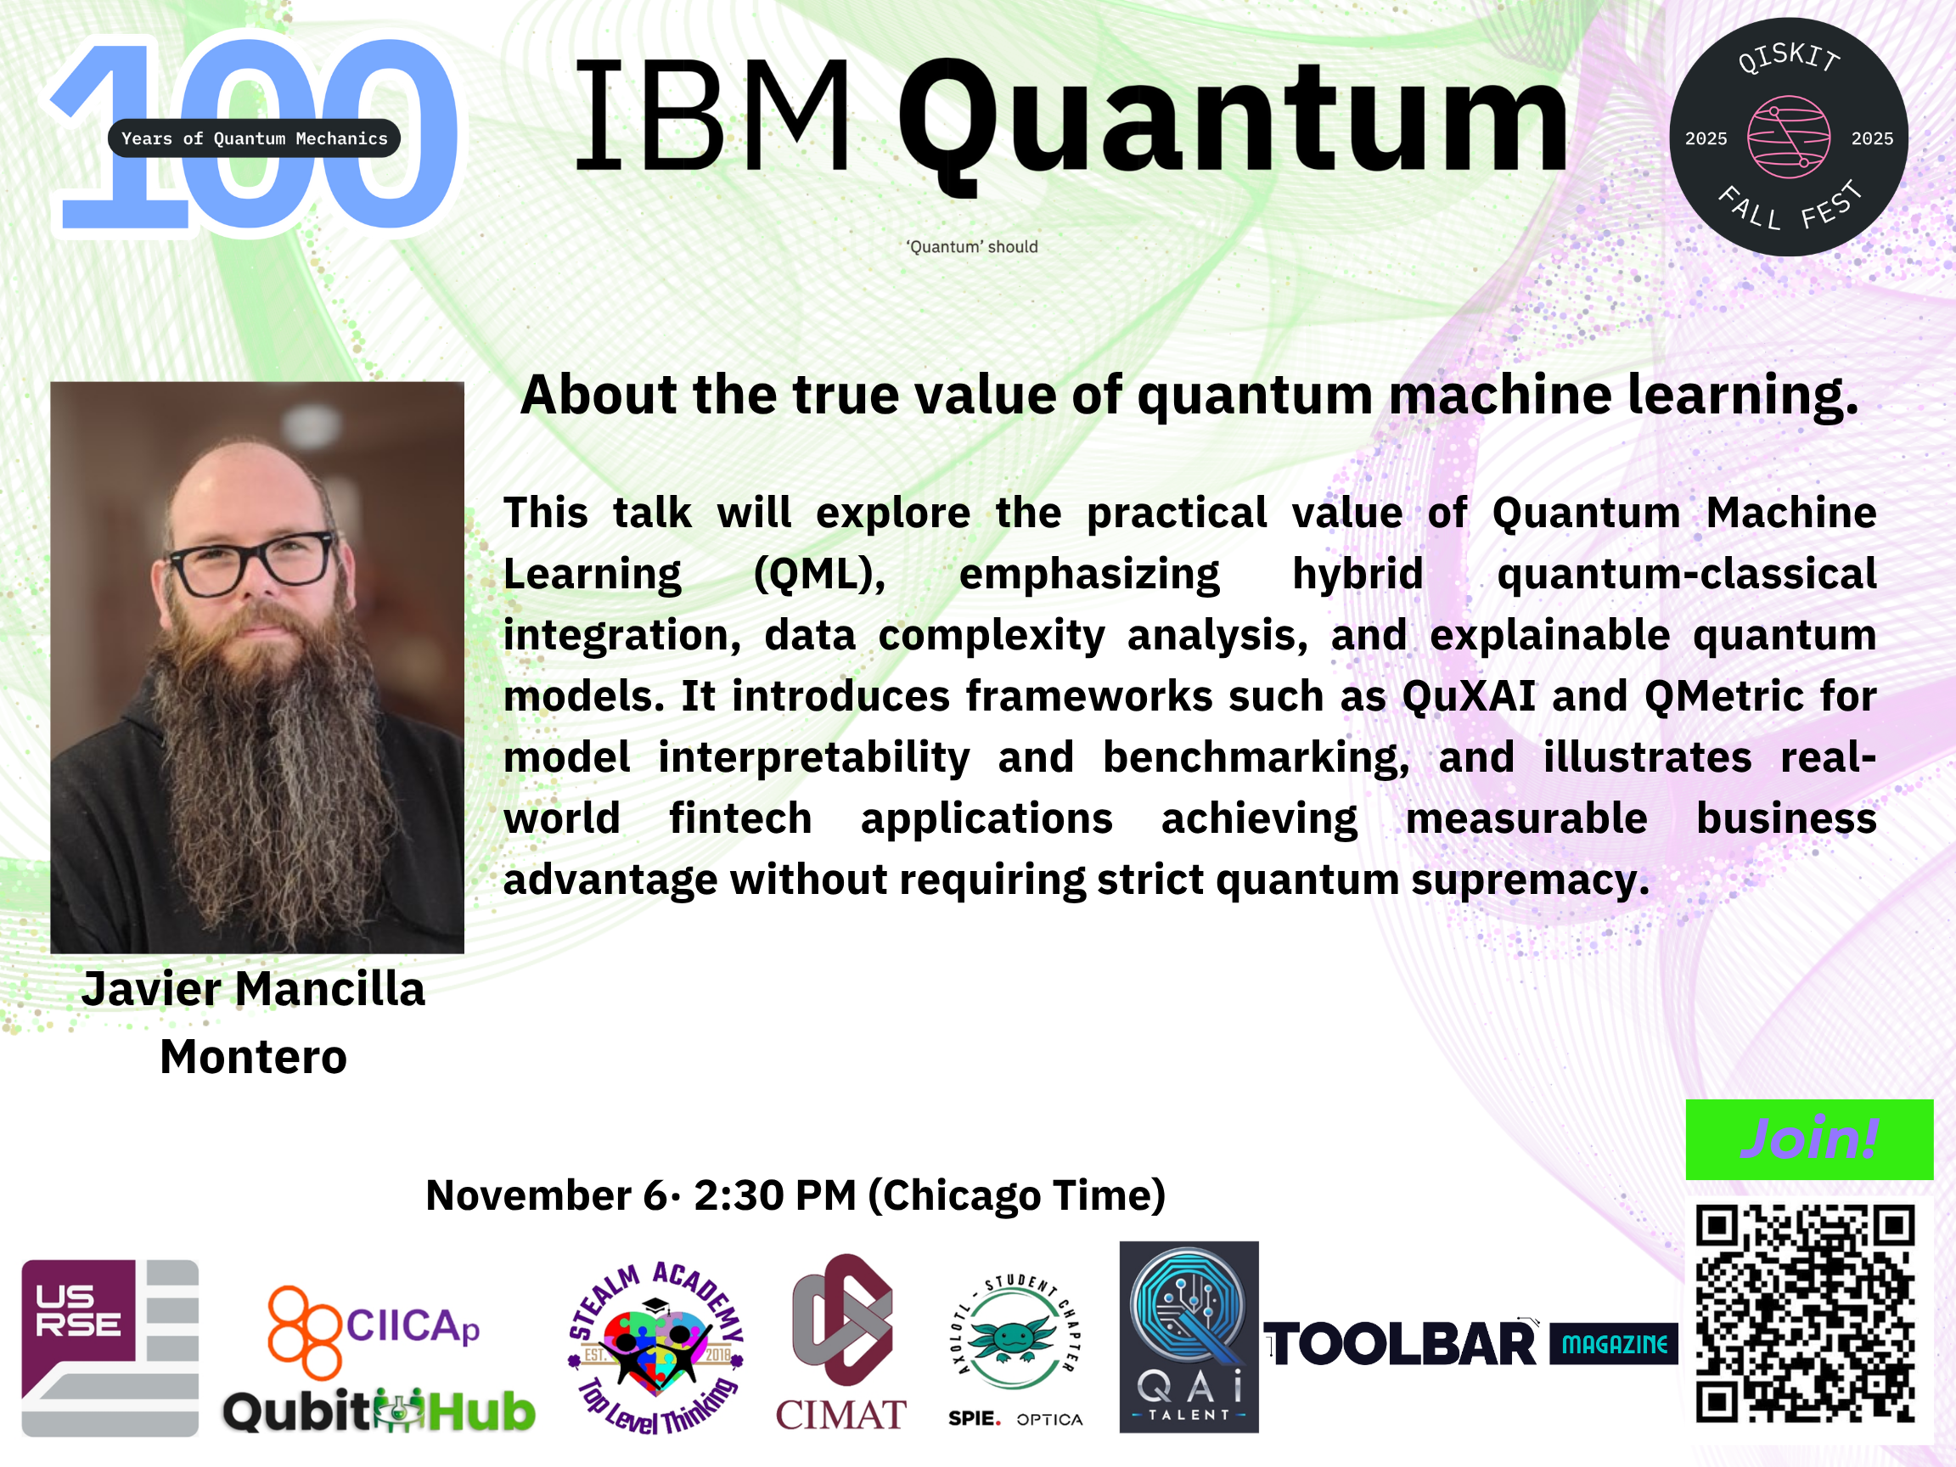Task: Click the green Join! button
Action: pyautogui.click(x=1809, y=1139)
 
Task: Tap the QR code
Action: pyautogui.click(x=1805, y=1314)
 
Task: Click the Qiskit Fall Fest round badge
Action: pyautogui.click(x=1788, y=137)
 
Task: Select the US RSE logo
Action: pyautogui.click(x=110, y=1347)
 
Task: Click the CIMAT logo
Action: pyautogui.click(x=841, y=1342)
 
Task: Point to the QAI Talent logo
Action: pyautogui.click(x=1189, y=1337)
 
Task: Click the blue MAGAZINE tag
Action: pyautogui.click(x=1614, y=1344)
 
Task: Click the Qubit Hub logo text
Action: pyautogui.click(x=379, y=1410)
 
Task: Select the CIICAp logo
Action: pyautogui.click(x=374, y=1331)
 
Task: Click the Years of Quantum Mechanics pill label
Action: pyautogui.click(x=254, y=138)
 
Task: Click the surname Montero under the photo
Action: pyautogui.click(x=254, y=1056)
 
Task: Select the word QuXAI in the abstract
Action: pyautogui.click(x=1469, y=697)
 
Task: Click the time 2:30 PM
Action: pyautogui.click(x=774, y=1194)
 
